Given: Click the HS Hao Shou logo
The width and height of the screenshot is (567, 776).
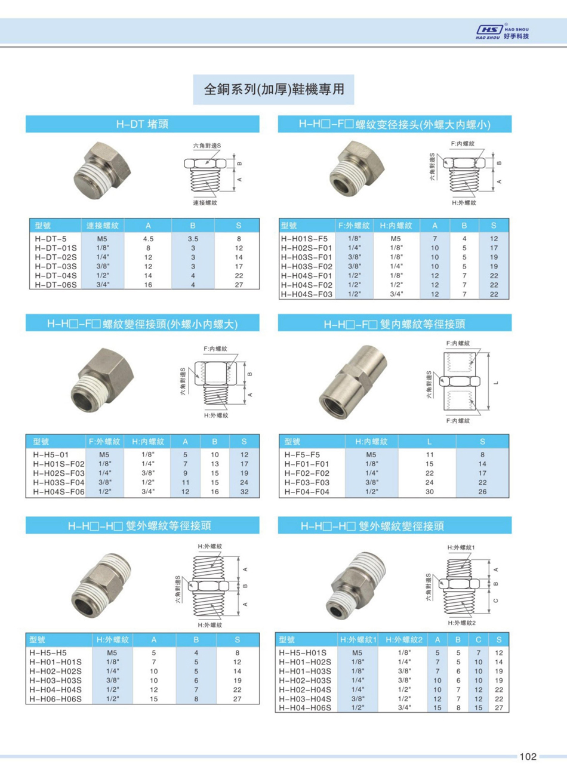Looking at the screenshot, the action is click(x=503, y=32).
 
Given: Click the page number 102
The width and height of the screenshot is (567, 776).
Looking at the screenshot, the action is click(x=528, y=756).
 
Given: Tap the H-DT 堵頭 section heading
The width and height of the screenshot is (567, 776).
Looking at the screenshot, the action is click(x=143, y=124).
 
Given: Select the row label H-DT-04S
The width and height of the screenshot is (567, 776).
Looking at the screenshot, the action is click(x=56, y=276).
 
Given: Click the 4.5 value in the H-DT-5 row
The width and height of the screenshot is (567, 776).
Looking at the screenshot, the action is click(x=148, y=239).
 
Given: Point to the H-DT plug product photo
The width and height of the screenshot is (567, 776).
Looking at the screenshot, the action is click(x=102, y=171).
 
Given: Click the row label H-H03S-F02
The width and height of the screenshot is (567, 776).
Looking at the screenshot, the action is click(x=307, y=266).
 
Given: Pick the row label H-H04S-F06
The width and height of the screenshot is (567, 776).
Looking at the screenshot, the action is click(x=59, y=492).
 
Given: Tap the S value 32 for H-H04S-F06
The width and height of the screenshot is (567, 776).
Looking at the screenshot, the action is click(x=244, y=492).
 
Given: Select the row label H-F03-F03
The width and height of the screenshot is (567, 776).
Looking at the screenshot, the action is click(x=307, y=482).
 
